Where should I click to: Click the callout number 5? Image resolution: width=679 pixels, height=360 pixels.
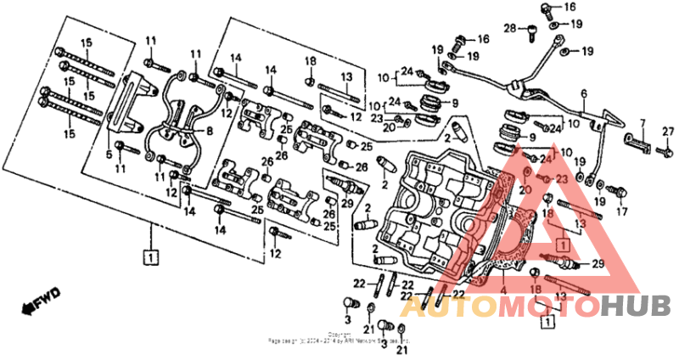coord(109,155)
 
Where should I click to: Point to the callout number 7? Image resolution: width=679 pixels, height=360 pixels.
coord(643,123)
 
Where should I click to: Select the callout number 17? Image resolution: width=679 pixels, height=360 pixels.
coord(621,211)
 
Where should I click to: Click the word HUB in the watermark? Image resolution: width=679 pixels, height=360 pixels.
coord(636,305)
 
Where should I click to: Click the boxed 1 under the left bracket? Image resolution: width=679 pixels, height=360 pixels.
coord(149,255)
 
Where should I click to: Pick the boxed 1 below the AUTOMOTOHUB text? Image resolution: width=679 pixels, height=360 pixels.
coord(548,323)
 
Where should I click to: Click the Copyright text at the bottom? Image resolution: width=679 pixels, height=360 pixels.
coord(339,335)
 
